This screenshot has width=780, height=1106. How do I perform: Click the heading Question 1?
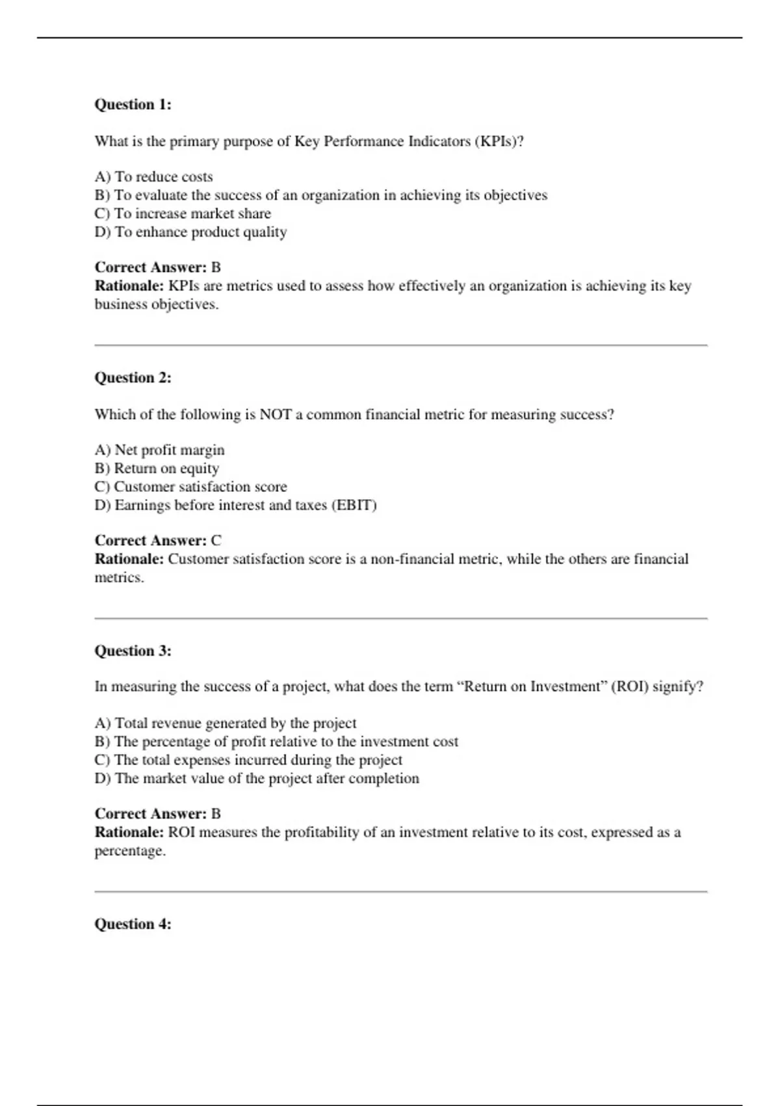pos(133,105)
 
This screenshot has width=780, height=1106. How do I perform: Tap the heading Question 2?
pos(133,378)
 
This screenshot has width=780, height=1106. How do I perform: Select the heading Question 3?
pos(133,651)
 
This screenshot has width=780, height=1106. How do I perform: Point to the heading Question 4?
pos(133,924)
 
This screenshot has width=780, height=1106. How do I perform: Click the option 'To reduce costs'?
pos(153,177)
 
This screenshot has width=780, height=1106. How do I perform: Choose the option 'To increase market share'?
pos(183,213)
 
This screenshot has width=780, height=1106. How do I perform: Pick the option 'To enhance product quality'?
pos(190,232)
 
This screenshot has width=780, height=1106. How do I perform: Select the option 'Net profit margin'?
pos(159,450)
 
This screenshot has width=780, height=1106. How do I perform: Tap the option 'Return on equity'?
pos(157,468)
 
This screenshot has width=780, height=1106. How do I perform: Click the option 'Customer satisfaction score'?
pos(190,487)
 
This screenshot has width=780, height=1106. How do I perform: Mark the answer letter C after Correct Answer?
pos(216,541)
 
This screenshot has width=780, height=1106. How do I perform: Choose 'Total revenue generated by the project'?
pos(226,723)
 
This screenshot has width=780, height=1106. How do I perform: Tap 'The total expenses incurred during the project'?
pos(248,760)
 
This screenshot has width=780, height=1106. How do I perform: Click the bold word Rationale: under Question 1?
pos(129,286)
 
